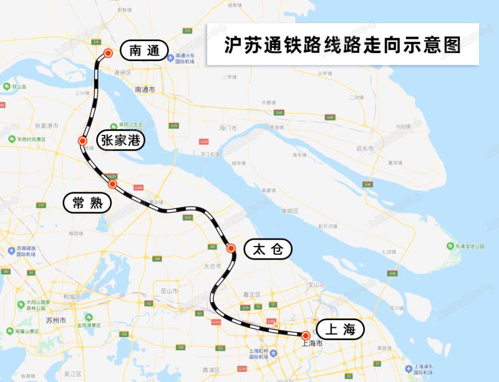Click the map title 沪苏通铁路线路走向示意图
[x=342, y=44]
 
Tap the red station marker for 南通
[x=108, y=53]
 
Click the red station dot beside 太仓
[x=231, y=248]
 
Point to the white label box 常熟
[x=87, y=202]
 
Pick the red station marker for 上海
[x=306, y=335]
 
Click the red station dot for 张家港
[x=82, y=141]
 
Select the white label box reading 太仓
[x=268, y=250]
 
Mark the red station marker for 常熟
[x=112, y=184]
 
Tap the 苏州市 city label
[x=56, y=320]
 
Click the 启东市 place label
[x=364, y=149]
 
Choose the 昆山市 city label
[x=170, y=291]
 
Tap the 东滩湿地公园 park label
[x=469, y=246]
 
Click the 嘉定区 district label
[x=251, y=294]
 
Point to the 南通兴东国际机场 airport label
[x=185, y=59]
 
